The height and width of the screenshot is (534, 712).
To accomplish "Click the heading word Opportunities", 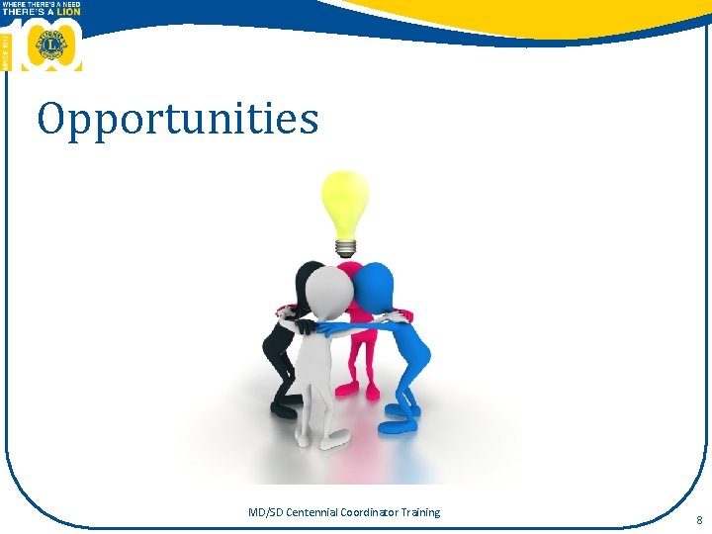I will pos(178,119).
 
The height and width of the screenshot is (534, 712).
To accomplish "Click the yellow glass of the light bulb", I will pos(345,201).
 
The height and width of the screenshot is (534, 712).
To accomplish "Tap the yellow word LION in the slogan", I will pos(67,12).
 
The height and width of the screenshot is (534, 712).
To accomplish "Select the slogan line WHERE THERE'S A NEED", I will pos(42,4).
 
